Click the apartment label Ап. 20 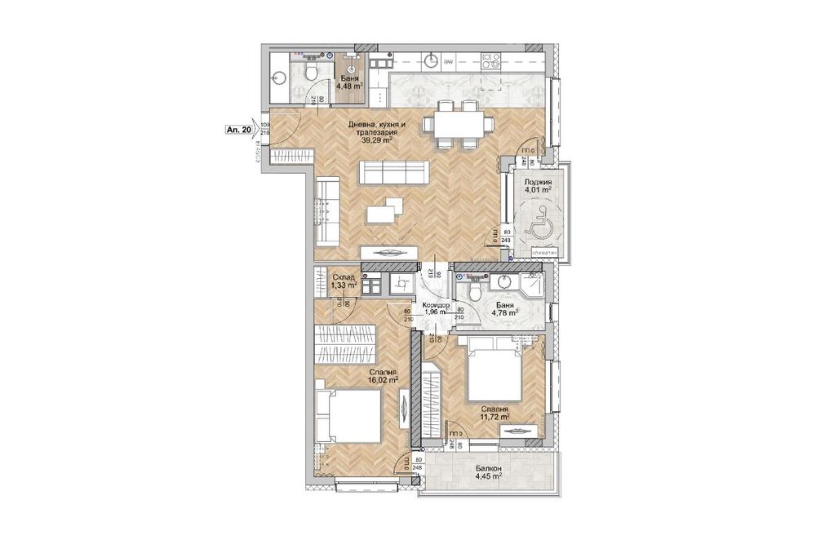click(239, 129)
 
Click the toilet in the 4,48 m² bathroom click(309, 75)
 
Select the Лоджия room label click(539, 183)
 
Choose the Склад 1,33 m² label click(344, 281)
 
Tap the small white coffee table click(381, 213)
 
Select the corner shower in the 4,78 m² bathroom click(530, 287)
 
